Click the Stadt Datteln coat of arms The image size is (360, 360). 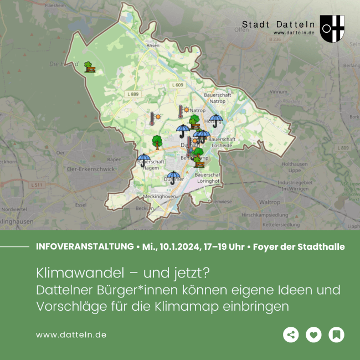(x=332, y=29)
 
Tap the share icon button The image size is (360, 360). (x=291, y=335)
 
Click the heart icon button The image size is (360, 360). (x=313, y=335)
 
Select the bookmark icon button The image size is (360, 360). (x=336, y=335)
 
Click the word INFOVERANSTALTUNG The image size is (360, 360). (x=84, y=246)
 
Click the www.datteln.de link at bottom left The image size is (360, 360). (x=71, y=335)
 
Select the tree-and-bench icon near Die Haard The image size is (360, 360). (x=90, y=67)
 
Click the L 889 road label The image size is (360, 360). (x=132, y=95)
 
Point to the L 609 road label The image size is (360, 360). (x=177, y=85)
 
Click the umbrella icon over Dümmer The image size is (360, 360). (x=173, y=177)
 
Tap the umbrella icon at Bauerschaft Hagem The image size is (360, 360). (x=143, y=160)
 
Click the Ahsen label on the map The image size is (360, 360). (x=153, y=45)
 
